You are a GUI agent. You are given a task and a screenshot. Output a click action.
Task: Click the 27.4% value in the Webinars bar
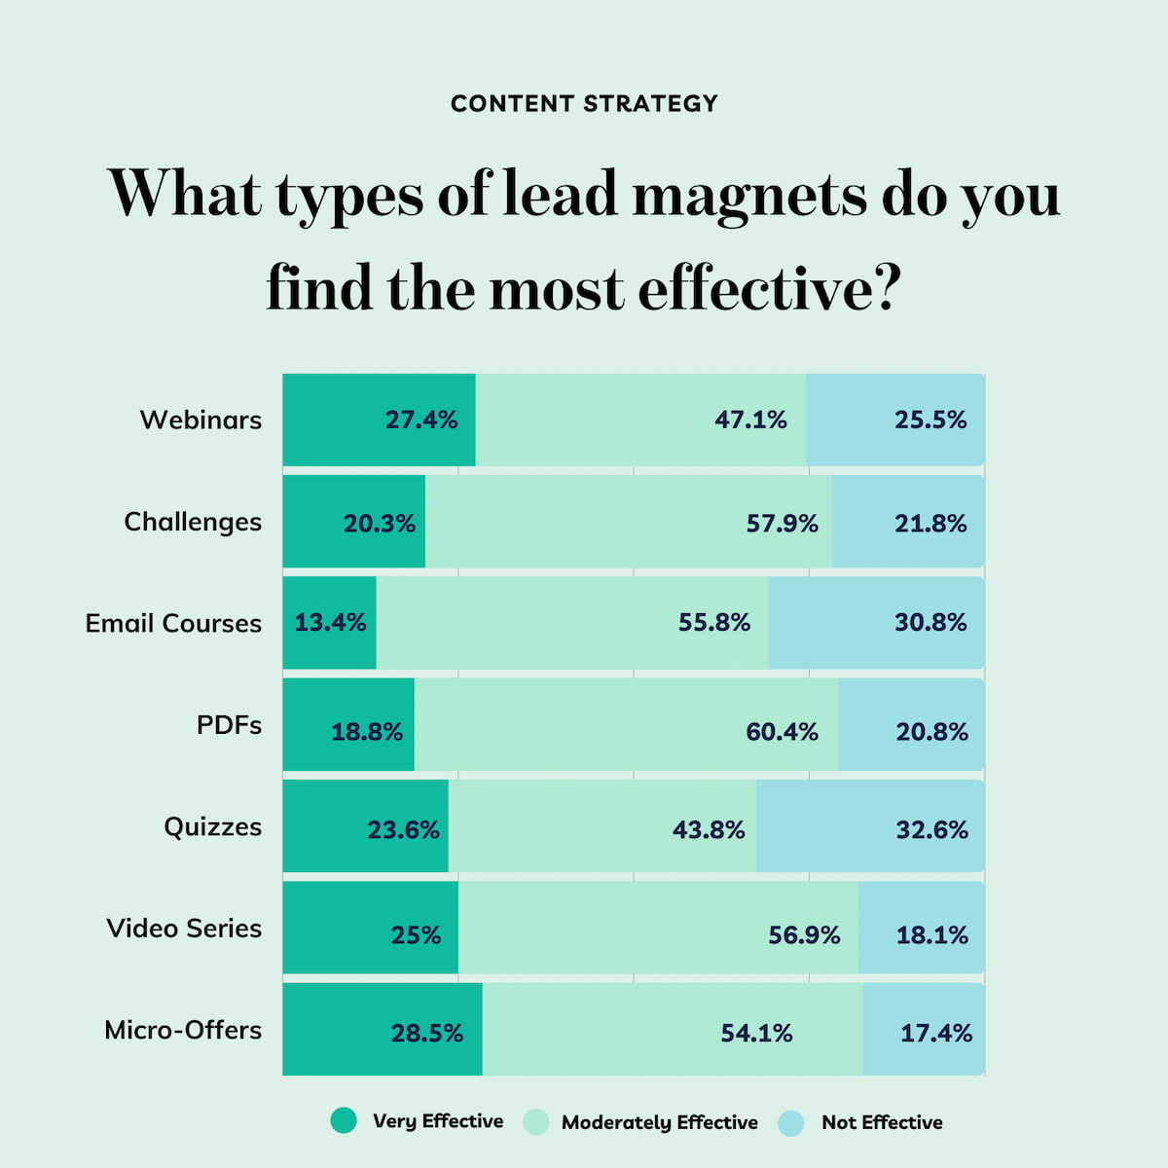click(x=420, y=420)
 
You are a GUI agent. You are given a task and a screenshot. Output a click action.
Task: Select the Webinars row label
click(x=201, y=420)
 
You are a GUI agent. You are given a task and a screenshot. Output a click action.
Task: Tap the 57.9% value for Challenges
click(x=782, y=524)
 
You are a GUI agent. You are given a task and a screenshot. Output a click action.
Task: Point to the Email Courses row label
click(x=173, y=623)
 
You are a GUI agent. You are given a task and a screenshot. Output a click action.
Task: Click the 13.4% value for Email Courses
click(x=330, y=622)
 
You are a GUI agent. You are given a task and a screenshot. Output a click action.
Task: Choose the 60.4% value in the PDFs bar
click(x=782, y=732)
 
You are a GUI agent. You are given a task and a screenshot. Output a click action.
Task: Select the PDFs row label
click(x=229, y=725)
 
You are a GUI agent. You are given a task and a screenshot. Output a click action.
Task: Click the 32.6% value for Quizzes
click(x=931, y=830)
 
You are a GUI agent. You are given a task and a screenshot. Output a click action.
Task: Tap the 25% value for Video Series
click(x=416, y=935)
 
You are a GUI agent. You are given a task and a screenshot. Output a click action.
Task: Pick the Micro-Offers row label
click(x=183, y=1030)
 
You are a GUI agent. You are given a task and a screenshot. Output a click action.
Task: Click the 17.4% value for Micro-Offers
click(x=935, y=1034)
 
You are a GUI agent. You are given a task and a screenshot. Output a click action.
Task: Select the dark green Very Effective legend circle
click(x=344, y=1121)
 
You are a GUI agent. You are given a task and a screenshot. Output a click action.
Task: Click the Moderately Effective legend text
click(x=659, y=1122)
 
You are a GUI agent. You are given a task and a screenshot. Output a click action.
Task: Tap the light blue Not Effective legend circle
click(x=791, y=1122)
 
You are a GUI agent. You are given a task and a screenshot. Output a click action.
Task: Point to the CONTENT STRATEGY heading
click(x=584, y=103)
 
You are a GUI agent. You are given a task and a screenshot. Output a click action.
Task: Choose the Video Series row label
click(x=184, y=929)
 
